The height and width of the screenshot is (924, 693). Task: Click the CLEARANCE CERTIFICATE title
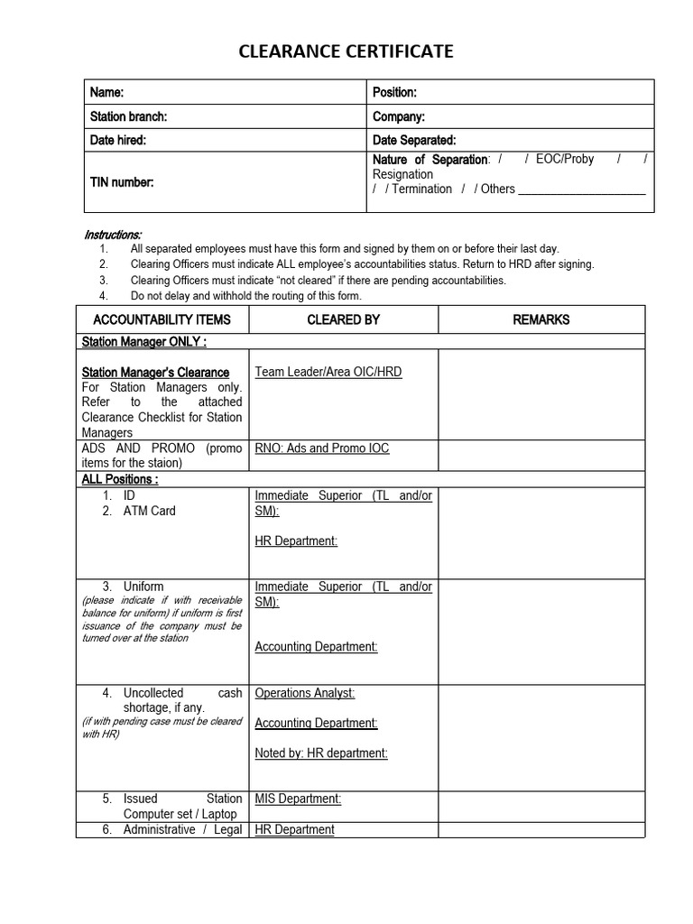click(346, 52)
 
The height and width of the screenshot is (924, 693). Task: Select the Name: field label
click(106, 92)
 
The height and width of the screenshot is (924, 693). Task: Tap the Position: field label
click(394, 92)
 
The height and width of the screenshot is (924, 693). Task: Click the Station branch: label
click(128, 116)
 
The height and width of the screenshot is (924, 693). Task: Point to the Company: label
click(398, 116)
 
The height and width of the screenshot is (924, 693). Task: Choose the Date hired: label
click(117, 140)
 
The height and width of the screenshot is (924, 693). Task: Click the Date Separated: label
click(414, 140)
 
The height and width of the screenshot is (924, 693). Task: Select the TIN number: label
click(122, 182)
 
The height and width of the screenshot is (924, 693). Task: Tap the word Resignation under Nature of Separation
click(402, 174)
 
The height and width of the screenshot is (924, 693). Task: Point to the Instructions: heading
click(113, 235)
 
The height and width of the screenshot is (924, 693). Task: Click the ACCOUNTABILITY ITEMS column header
click(162, 319)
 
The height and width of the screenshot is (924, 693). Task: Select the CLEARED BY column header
click(343, 319)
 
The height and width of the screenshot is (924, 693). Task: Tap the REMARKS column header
click(541, 319)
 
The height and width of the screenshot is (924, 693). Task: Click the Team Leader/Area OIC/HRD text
click(328, 372)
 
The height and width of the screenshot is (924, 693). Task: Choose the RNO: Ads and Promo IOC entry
click(322, 448)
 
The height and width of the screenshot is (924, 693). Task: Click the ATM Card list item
click(150, 511)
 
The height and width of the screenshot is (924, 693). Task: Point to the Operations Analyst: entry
click(305, 693)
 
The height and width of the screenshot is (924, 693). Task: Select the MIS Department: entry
click(298, 799)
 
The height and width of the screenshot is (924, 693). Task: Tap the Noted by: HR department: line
click(321, 753)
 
